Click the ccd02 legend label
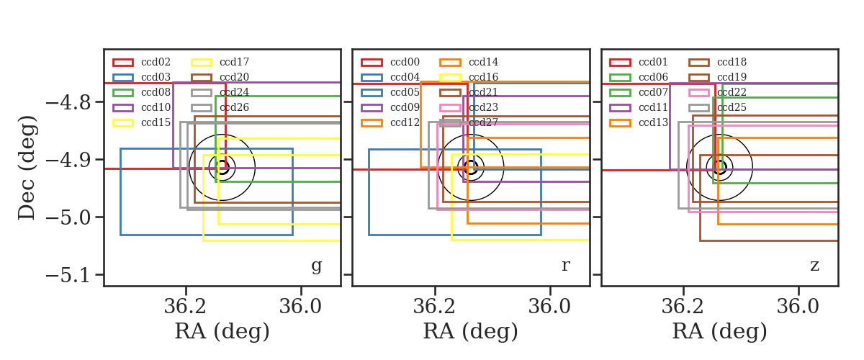click(156, 62)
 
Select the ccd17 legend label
click(234, 62)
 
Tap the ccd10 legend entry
click(156, 107)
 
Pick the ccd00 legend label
click(405, 62)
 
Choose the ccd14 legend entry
click(483, 62)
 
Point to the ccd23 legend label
click(483, 107)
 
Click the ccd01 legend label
click(653, 62)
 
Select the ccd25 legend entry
click(732, 107)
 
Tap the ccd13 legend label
click(653, 122)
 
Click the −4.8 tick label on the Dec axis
click(68, 103)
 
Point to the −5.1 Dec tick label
click(68, 276)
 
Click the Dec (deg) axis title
click(27, 168)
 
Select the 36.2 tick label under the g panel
click(185, 307)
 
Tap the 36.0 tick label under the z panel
click(798, 307)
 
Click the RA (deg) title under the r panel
click(471, 331)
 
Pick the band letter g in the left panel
click(316, 266)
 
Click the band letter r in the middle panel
click(565, 265)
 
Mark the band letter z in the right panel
click(814, 266)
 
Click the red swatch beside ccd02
click(123, 63)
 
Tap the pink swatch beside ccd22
click(698, 93)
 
